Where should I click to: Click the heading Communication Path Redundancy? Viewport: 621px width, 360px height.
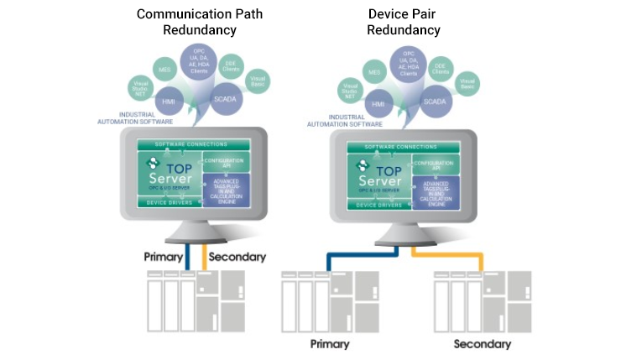198,22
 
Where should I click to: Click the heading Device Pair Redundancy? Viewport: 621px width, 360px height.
404,22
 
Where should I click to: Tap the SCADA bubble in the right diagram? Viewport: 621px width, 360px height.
435,101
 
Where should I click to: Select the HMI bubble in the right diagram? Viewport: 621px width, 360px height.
378,102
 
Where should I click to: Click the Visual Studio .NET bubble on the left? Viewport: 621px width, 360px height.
139,86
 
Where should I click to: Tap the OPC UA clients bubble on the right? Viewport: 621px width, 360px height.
408,64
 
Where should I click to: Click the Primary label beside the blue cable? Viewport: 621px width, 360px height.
164,257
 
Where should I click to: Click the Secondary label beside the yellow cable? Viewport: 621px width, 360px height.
236,257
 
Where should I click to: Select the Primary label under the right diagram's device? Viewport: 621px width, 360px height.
330,344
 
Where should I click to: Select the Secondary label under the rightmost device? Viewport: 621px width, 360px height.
482,344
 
